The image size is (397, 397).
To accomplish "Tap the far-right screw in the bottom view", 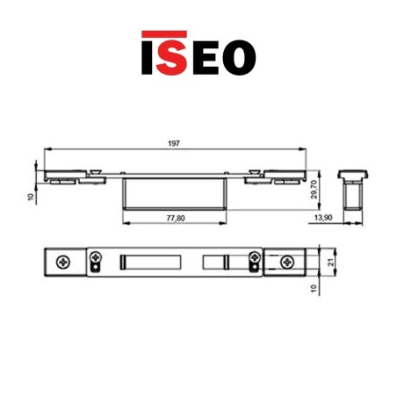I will click(x=286, y=262).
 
